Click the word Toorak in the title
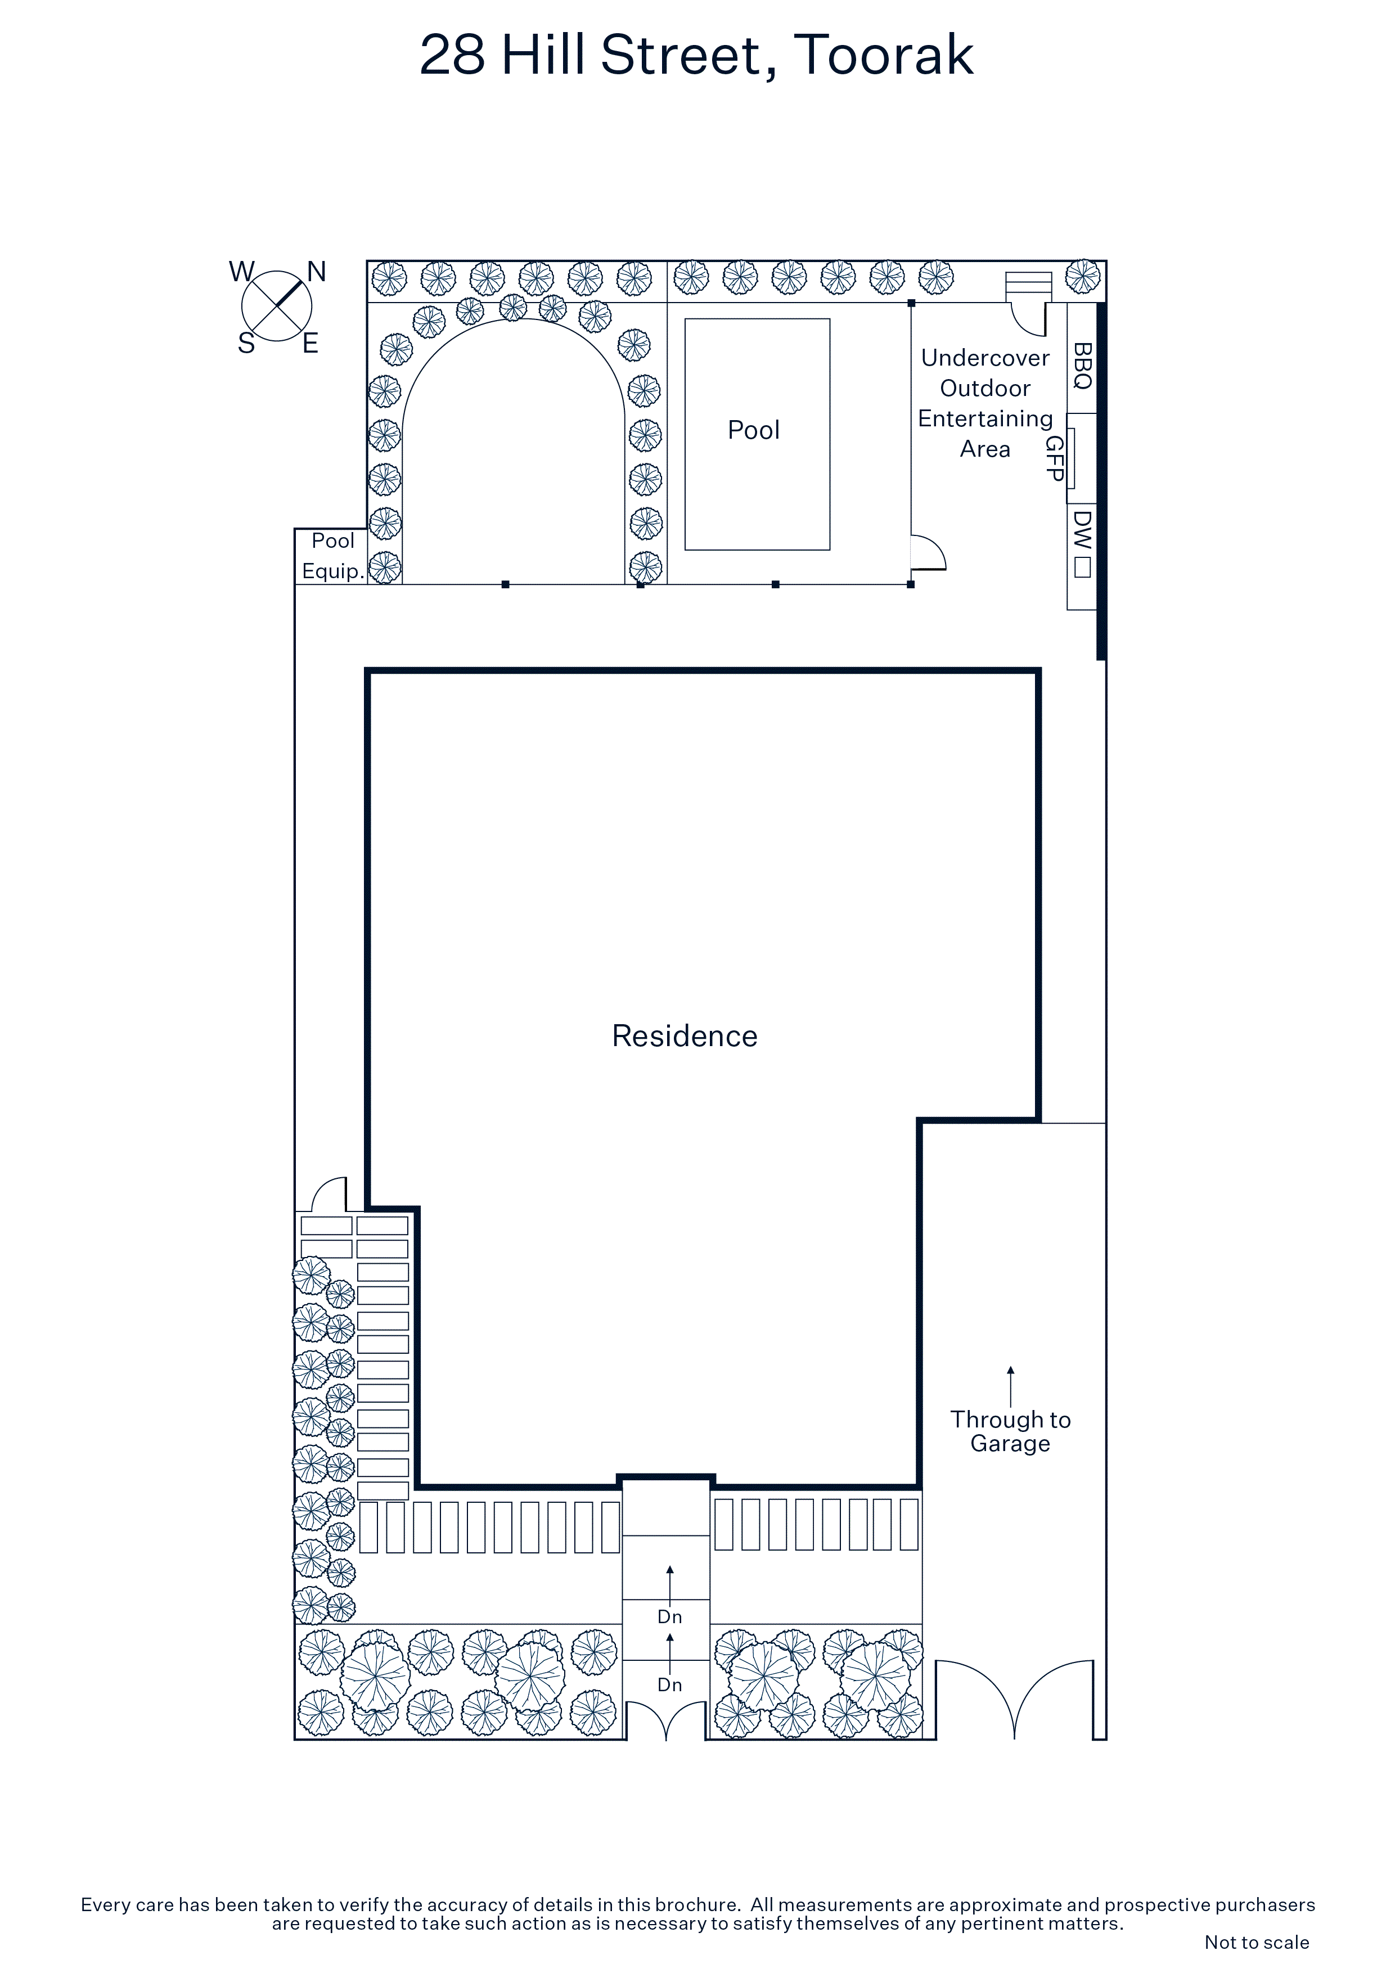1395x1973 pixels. point(884,55)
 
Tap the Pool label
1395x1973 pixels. point(754,430)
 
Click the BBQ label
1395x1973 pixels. point(1082,365)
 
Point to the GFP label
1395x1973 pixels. point(1055,458)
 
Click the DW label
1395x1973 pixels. point(1082,529)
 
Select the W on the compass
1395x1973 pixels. point(241,272)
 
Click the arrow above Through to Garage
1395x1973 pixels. point(1011,1386)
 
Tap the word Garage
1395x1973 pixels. point(1011,1444)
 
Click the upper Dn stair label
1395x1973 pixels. point(669,1617)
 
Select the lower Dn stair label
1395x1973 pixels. point(669,1685)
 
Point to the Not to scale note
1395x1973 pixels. point(1257,1942)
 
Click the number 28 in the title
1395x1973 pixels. point(452,55)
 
